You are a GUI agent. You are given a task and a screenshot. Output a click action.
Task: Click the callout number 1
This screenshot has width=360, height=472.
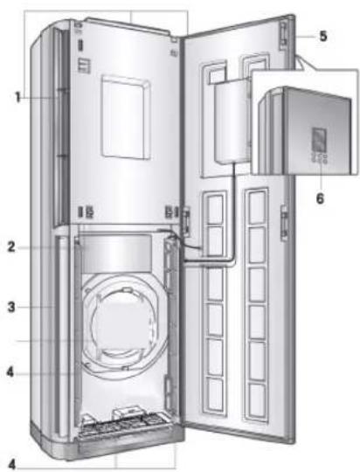(x=18, y=97)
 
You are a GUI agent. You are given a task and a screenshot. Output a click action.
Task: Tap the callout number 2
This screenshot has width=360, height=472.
(x=11, y=246)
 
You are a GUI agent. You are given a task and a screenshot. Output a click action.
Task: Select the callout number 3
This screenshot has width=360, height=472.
(x=11, y=308)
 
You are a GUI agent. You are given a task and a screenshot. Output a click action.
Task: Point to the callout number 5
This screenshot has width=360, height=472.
(x=323, y=36)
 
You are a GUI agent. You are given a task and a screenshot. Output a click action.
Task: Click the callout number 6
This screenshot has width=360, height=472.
(x=321, y=198)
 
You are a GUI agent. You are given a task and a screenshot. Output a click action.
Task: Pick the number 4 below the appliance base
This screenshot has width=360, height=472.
(x=11, y=464)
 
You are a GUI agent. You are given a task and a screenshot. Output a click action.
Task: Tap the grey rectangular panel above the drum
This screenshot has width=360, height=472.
(x=117, y=253)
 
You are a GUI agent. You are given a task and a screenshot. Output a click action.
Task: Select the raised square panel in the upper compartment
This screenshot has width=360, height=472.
(x=126, y=117)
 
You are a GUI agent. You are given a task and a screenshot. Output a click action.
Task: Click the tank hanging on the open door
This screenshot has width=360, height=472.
(x=232, y=121)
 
